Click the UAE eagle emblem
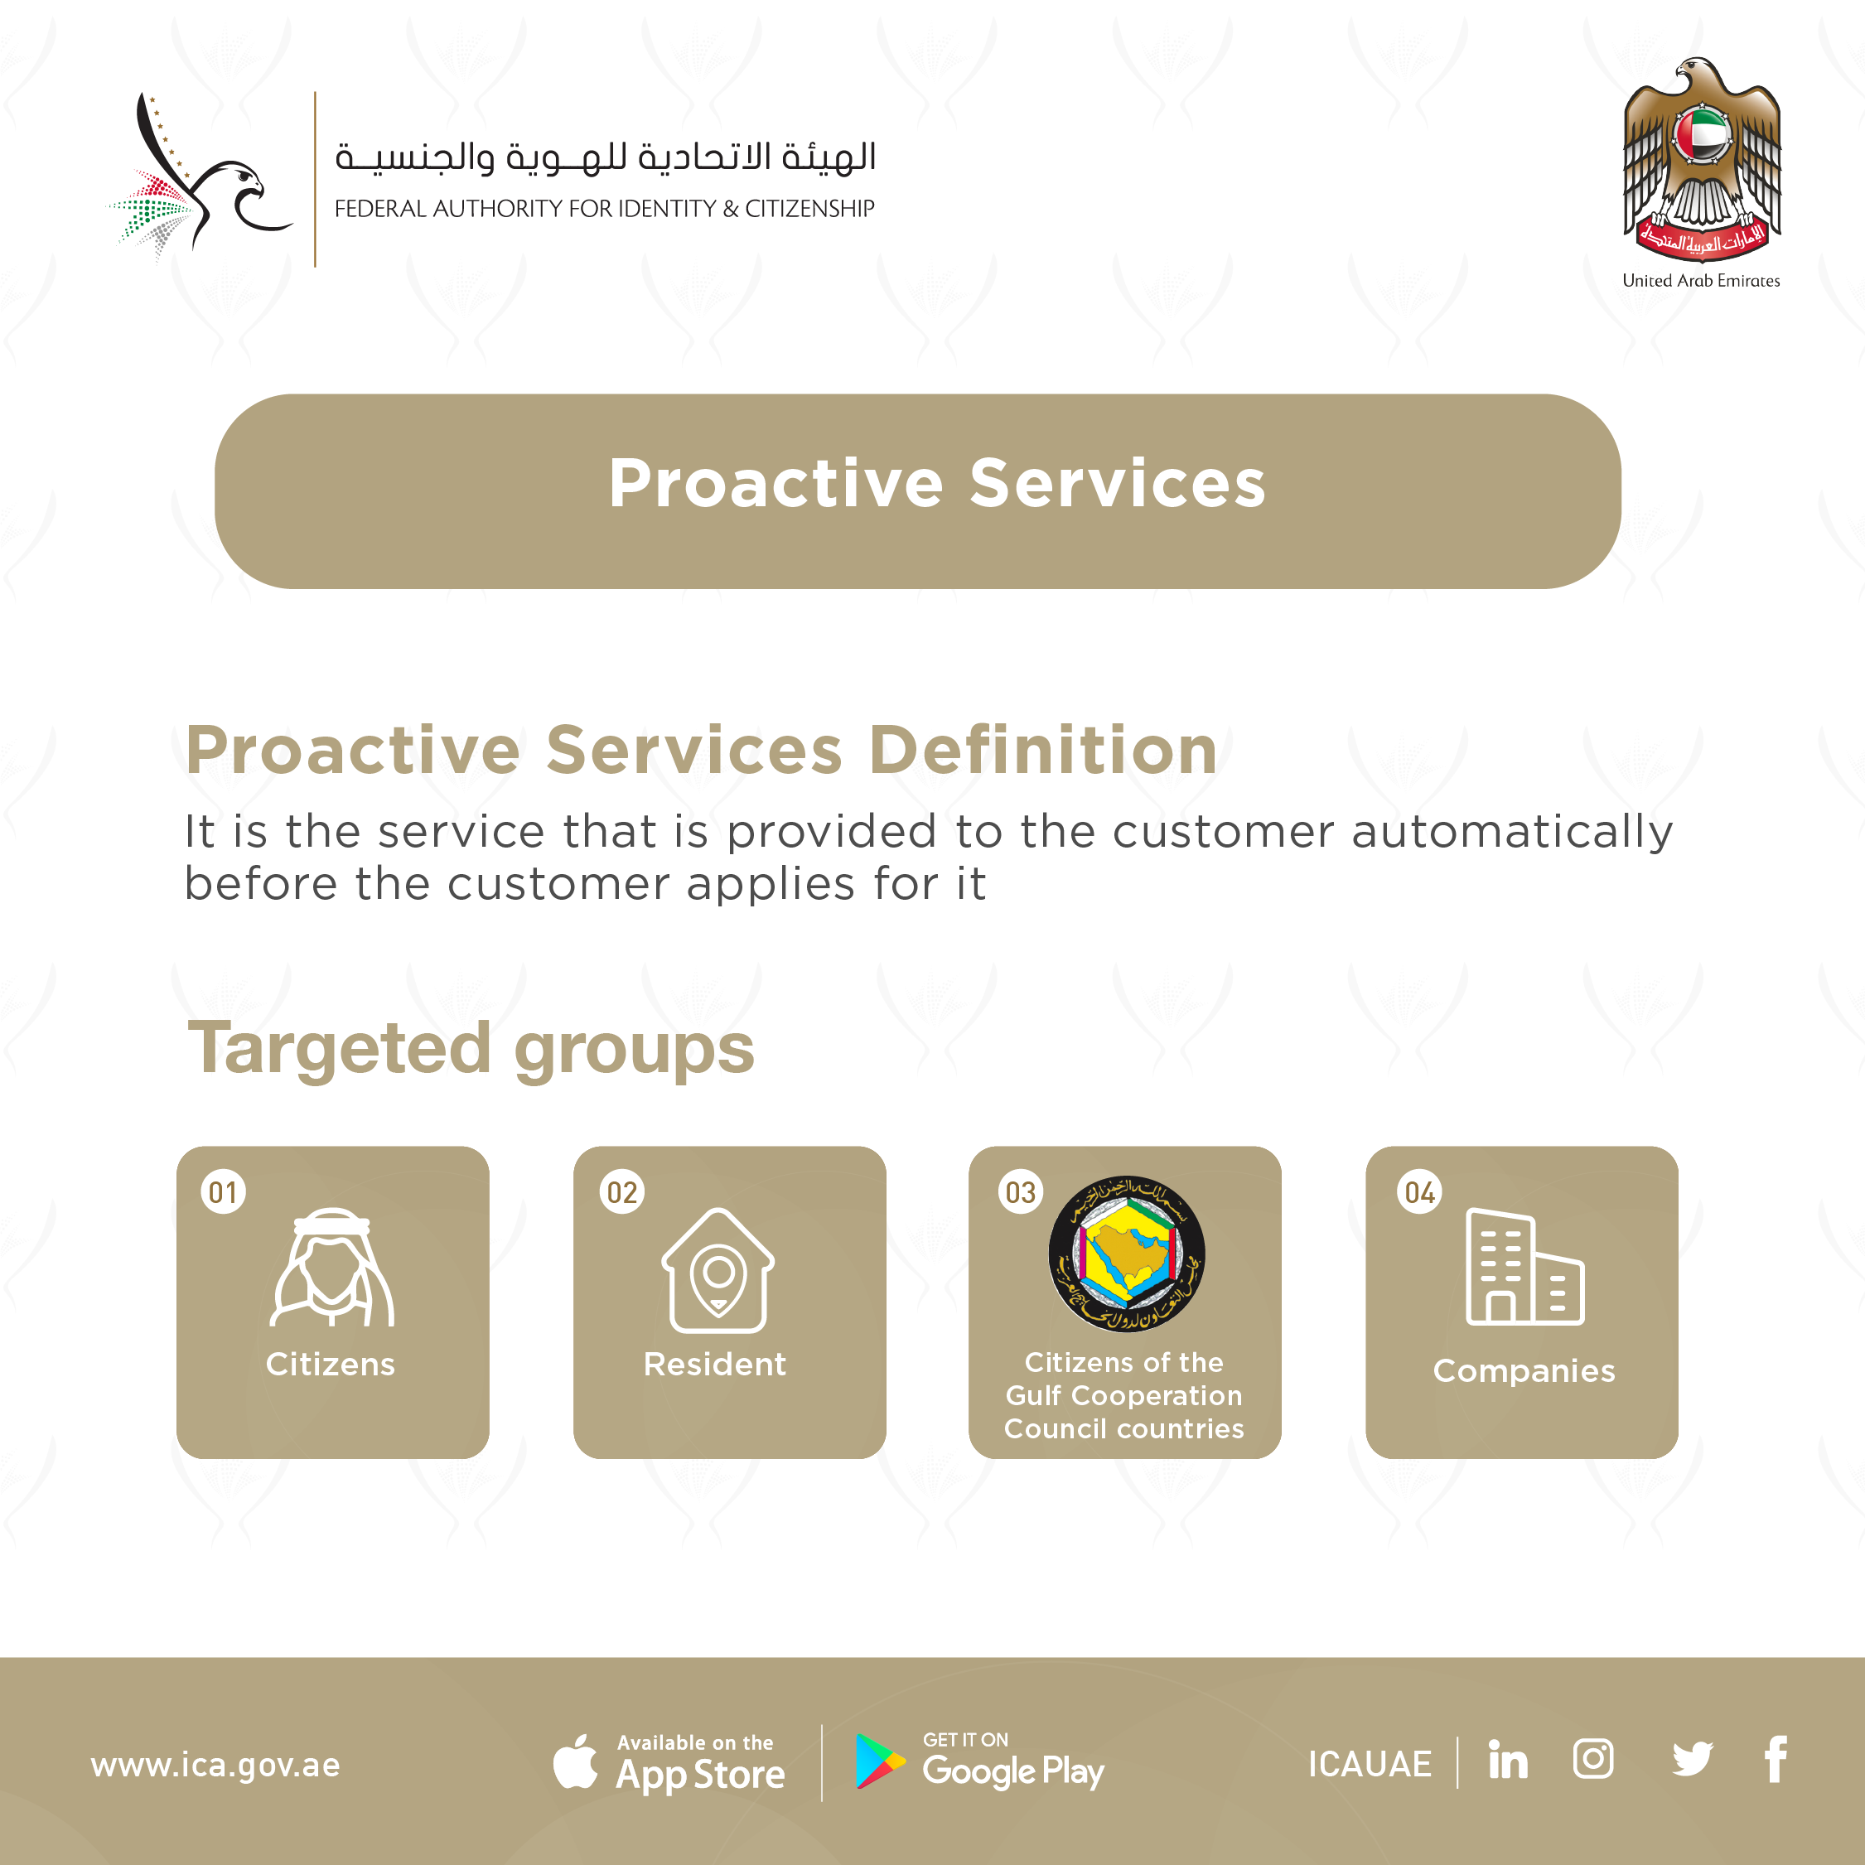(x=1702, y=159)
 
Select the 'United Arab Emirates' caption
(x=1701, y=281)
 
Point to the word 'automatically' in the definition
(x=1512, y=832)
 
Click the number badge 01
(x=223, y=1192)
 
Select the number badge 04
(x=1419, y=1192)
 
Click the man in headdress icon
(x=332, y=1267)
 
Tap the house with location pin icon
(x=718, y=1269)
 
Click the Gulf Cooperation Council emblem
(x=1127, y=1253)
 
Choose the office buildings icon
(x=1524, y=1267)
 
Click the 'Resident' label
(x=715, y=1364)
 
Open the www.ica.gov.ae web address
(x=215, y=1765)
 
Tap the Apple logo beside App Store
(x=575, y=1761)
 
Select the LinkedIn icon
(x=1508, y=1759)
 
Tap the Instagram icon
(x=1592, y=1759)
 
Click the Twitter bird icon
(x=1692, y=1759)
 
